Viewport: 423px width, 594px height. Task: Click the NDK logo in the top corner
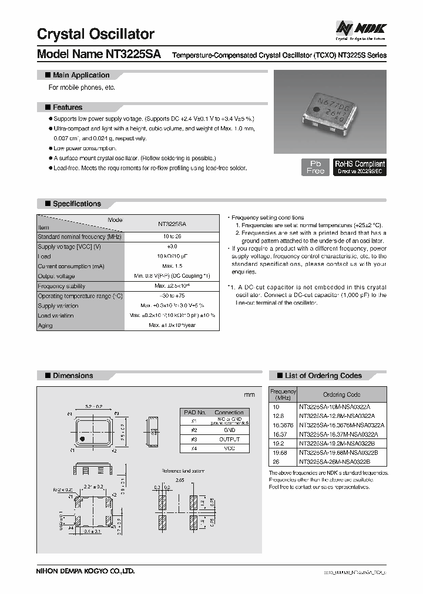coord(361,28)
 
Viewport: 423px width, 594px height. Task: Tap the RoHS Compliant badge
coord(360,167)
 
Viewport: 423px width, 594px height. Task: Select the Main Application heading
coord(80,75)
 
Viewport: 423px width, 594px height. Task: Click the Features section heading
coord(67,107)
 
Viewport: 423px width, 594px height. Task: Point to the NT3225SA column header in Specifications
coord(172,224)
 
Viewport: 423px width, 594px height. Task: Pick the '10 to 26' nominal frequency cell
coord(172,237)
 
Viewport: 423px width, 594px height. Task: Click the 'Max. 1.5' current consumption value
coord(172,266)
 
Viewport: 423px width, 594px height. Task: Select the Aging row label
coord(45,325)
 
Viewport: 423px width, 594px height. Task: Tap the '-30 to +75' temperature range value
coord(172,296)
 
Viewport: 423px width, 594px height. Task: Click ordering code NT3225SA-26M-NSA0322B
coord(334,463)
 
